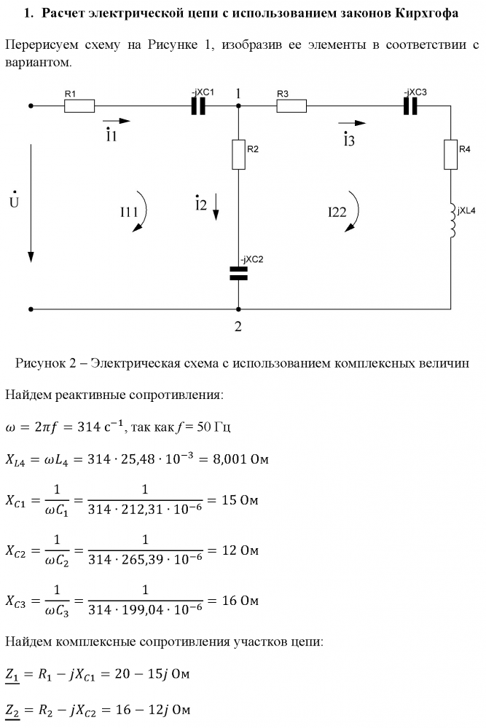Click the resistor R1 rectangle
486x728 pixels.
(79, 106)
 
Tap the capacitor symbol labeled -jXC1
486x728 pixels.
(198, 106)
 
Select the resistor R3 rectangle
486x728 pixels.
(291, 106)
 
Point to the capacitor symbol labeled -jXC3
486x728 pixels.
(410, 106)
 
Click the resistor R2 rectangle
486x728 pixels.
(238, 154)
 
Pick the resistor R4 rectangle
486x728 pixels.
(450, 154)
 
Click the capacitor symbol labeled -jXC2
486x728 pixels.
(238, 274)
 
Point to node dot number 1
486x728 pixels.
(238, 106)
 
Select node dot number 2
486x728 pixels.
(238, 309)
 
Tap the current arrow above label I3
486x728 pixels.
(352, 122)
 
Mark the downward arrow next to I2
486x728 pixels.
(216, 207)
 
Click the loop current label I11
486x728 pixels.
(129, 212)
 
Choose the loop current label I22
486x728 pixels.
(337, 212)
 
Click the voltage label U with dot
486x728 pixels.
(14, 200)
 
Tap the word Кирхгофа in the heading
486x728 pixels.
(426, 13)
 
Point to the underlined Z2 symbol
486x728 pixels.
(12, 711)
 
